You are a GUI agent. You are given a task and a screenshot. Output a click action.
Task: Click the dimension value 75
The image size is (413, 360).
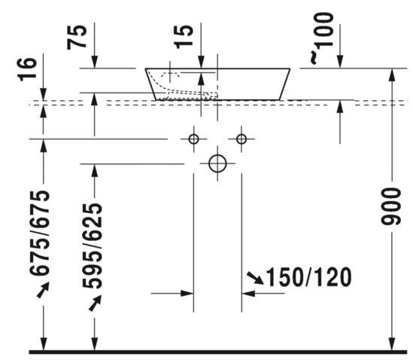click(x=77, y=37)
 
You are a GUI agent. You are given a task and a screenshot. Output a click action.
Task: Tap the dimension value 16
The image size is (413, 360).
click(x=27, y=69)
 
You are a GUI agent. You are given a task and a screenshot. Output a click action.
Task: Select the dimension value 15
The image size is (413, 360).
click(x=183, y=36)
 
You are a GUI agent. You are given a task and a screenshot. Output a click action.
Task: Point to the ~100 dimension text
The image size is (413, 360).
click(x=322, y=38)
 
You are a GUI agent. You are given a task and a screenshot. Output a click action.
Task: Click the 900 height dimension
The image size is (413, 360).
click(x=391, y=206)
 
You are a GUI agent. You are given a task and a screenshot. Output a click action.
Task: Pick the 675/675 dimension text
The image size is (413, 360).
click(x=40, y=233)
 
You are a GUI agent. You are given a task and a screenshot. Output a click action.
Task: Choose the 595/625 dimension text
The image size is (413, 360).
click(x=92, y=246)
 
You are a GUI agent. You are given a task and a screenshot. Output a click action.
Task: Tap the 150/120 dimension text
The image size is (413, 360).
click(x=309, y=277)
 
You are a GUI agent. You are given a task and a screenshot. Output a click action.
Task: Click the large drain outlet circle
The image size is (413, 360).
click(x=217, y=163)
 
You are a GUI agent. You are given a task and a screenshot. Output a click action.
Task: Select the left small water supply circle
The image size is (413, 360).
click(x=193, y=139)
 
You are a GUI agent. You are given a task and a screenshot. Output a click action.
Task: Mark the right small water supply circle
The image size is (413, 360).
click(x=241, y=139)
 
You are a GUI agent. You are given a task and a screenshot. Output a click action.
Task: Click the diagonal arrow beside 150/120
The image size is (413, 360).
click(x=255, y=279)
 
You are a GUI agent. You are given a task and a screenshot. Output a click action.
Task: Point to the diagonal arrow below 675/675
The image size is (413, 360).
click(x=43, y=290)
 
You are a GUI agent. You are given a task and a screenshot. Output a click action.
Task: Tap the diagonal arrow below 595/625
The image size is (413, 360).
click(x=95, y=303)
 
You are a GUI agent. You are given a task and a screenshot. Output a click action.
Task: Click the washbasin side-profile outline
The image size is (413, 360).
click(x=217, y=84)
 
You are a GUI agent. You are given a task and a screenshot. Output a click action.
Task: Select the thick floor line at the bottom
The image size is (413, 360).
click(x=218, y=352)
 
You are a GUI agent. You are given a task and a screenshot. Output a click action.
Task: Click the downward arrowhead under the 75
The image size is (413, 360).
click(x=95, y=62)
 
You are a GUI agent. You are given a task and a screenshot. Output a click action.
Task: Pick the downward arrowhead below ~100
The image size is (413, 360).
click(x=340, y=62)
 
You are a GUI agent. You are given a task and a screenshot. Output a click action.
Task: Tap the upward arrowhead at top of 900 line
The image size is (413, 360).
click(x=392, y=75)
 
